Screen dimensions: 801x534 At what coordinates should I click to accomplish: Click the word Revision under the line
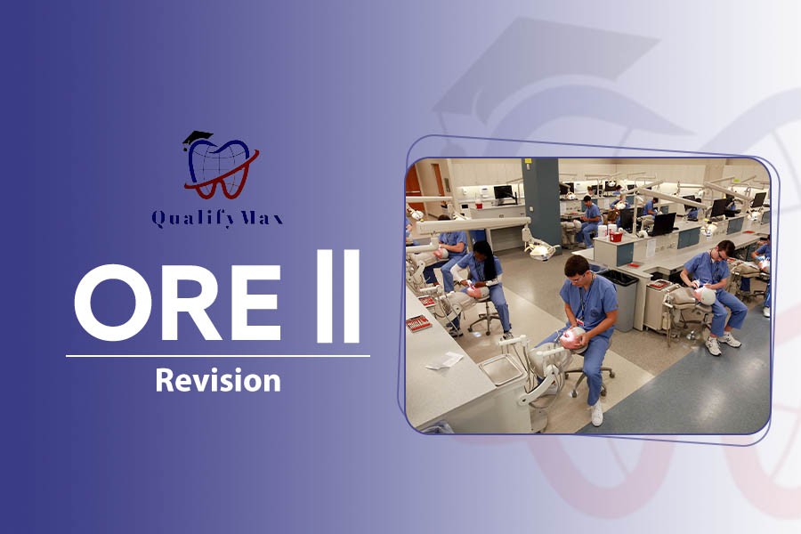click(x=218, y=381)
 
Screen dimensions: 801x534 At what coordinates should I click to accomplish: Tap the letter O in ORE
click(x=109, y=303)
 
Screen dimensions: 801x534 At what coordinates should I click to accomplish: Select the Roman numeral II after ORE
click(x=337, y=295)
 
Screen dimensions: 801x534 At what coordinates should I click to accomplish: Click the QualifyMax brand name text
click(x=217, y=219)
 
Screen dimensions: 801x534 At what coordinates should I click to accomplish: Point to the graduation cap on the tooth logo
click(x=197, y=139)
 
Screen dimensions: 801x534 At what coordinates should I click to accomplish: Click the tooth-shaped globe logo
click(x=220, y=165)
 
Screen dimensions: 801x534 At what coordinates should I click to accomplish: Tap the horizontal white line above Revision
click(x=218, y=356)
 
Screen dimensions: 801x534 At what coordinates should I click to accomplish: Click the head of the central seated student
click(x=577, y=269)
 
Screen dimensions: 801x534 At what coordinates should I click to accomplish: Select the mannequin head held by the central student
click(x=573, y=338)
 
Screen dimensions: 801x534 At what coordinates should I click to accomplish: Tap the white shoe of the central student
click(x=596, y=413)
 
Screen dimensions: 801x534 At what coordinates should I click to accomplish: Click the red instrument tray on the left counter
click(x=418, y=323)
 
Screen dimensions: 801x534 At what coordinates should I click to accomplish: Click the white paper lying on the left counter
click(x=444, y=360)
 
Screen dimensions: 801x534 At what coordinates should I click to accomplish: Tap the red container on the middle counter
click(x=616, y=236)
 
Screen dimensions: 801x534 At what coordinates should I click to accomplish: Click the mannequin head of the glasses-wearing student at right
click(x=707, y=295)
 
